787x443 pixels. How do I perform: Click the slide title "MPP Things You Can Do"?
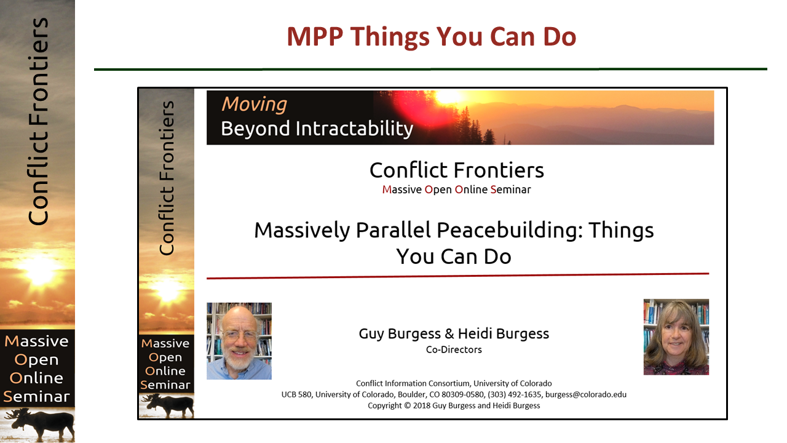(x=432, y=36)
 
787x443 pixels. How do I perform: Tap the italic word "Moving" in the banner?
(x=254, y=105)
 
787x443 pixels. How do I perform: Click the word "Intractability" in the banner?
(x=354, y=129)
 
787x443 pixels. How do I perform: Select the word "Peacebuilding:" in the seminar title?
(x=510, y=231)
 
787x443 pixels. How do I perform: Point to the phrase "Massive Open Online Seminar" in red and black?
(x=456, y=190)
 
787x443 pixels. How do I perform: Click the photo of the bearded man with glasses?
(x=239, y=341)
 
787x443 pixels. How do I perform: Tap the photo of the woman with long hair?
(x=676, y=337)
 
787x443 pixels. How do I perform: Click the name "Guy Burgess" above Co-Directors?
(x=400, y=333)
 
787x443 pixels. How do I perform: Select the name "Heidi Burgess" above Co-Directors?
(x=503, y=333)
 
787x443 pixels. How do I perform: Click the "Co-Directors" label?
(x=454, y=349)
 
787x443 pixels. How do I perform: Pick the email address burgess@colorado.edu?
(x=586, y=394)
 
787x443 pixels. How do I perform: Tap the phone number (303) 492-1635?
(x=515, y=394)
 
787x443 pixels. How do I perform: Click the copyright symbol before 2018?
(x=407, y=405)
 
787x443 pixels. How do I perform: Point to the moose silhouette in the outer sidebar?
(x=41, y=424)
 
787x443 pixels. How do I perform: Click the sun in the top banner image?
(x=448, y=97)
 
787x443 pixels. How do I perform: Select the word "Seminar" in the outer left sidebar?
(x=36, y=397)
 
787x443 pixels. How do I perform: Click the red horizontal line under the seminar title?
(x=458, y=276)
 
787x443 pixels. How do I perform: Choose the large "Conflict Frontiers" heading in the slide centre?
(x=457, y=170)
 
